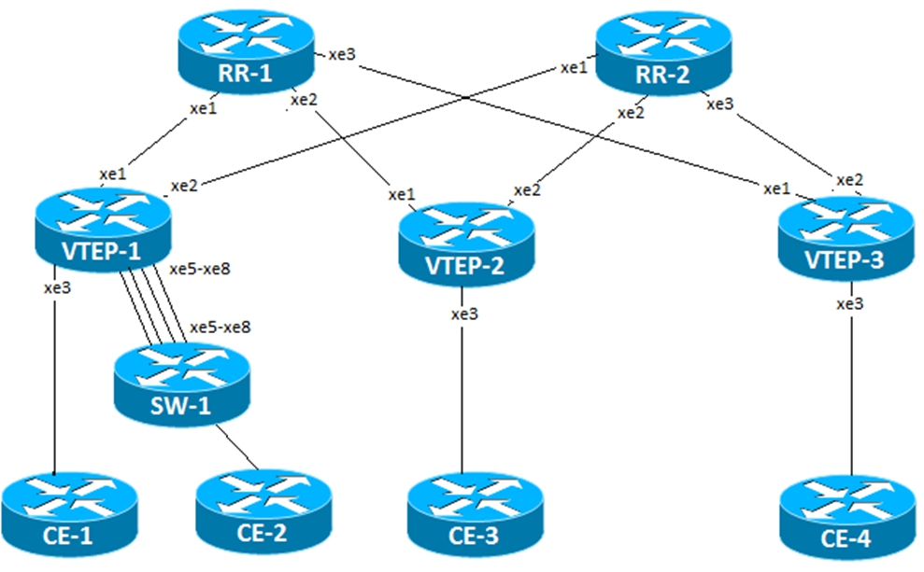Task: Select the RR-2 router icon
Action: pyautogui.click(x=663, y=52)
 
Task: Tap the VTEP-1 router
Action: pyautogui.click(x=103, y=230)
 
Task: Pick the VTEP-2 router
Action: pyautogui.click(x=466, y=244)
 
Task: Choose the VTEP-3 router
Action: pyautogui.click(x=846, y=238)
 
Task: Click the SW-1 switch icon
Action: pyautogui.click(x=182, y=384)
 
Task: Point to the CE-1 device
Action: pyautogui.click(x=69, y=514)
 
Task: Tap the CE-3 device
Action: pyautogui.click(x=475, y=515)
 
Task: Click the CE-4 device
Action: pyautogui.click(x=847, y=518)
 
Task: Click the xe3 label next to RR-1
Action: pyautogui.click(x=342, y=54)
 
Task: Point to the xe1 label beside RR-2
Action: pyautogui.click(x=574, y=68)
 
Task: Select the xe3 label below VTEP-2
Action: pyautogui.click(x=465, y=314)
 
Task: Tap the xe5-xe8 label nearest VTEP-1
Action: pyautogui.click(x=200, y=269)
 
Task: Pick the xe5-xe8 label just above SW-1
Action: pyautogui.click(x=220, y=327)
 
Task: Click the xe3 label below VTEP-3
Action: pyautogui.click(x=850, y=303)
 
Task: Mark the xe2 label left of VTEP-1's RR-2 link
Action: pyautogui.click(x=184, y=186)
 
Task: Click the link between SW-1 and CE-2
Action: pyautogui.click(x=237, y=447)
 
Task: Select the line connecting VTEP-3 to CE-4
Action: pyautogui.click(x=852, y=379)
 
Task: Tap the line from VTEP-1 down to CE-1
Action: pyautogui.click(x=54, y=370)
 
